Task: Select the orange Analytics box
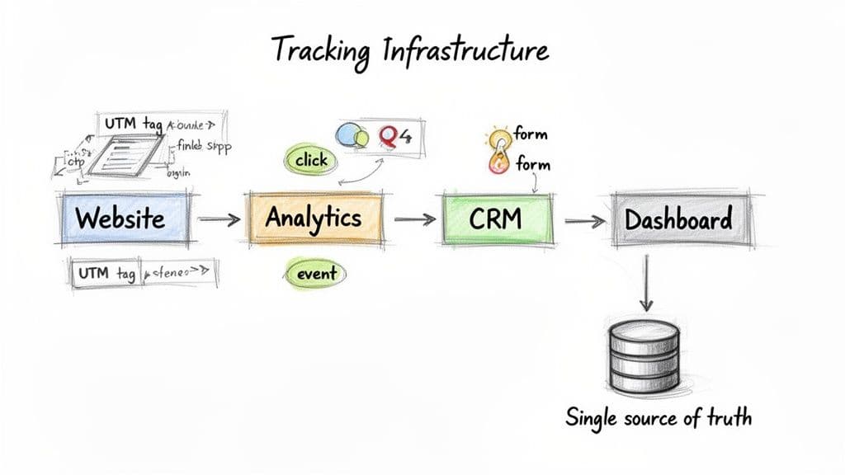coord(314,219)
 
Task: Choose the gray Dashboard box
coord(677,219)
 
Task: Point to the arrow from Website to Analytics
coord(219,220)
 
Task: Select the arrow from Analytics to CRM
coord(414,220)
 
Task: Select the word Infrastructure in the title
coord(465,51)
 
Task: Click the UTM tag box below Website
coord(106,273)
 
